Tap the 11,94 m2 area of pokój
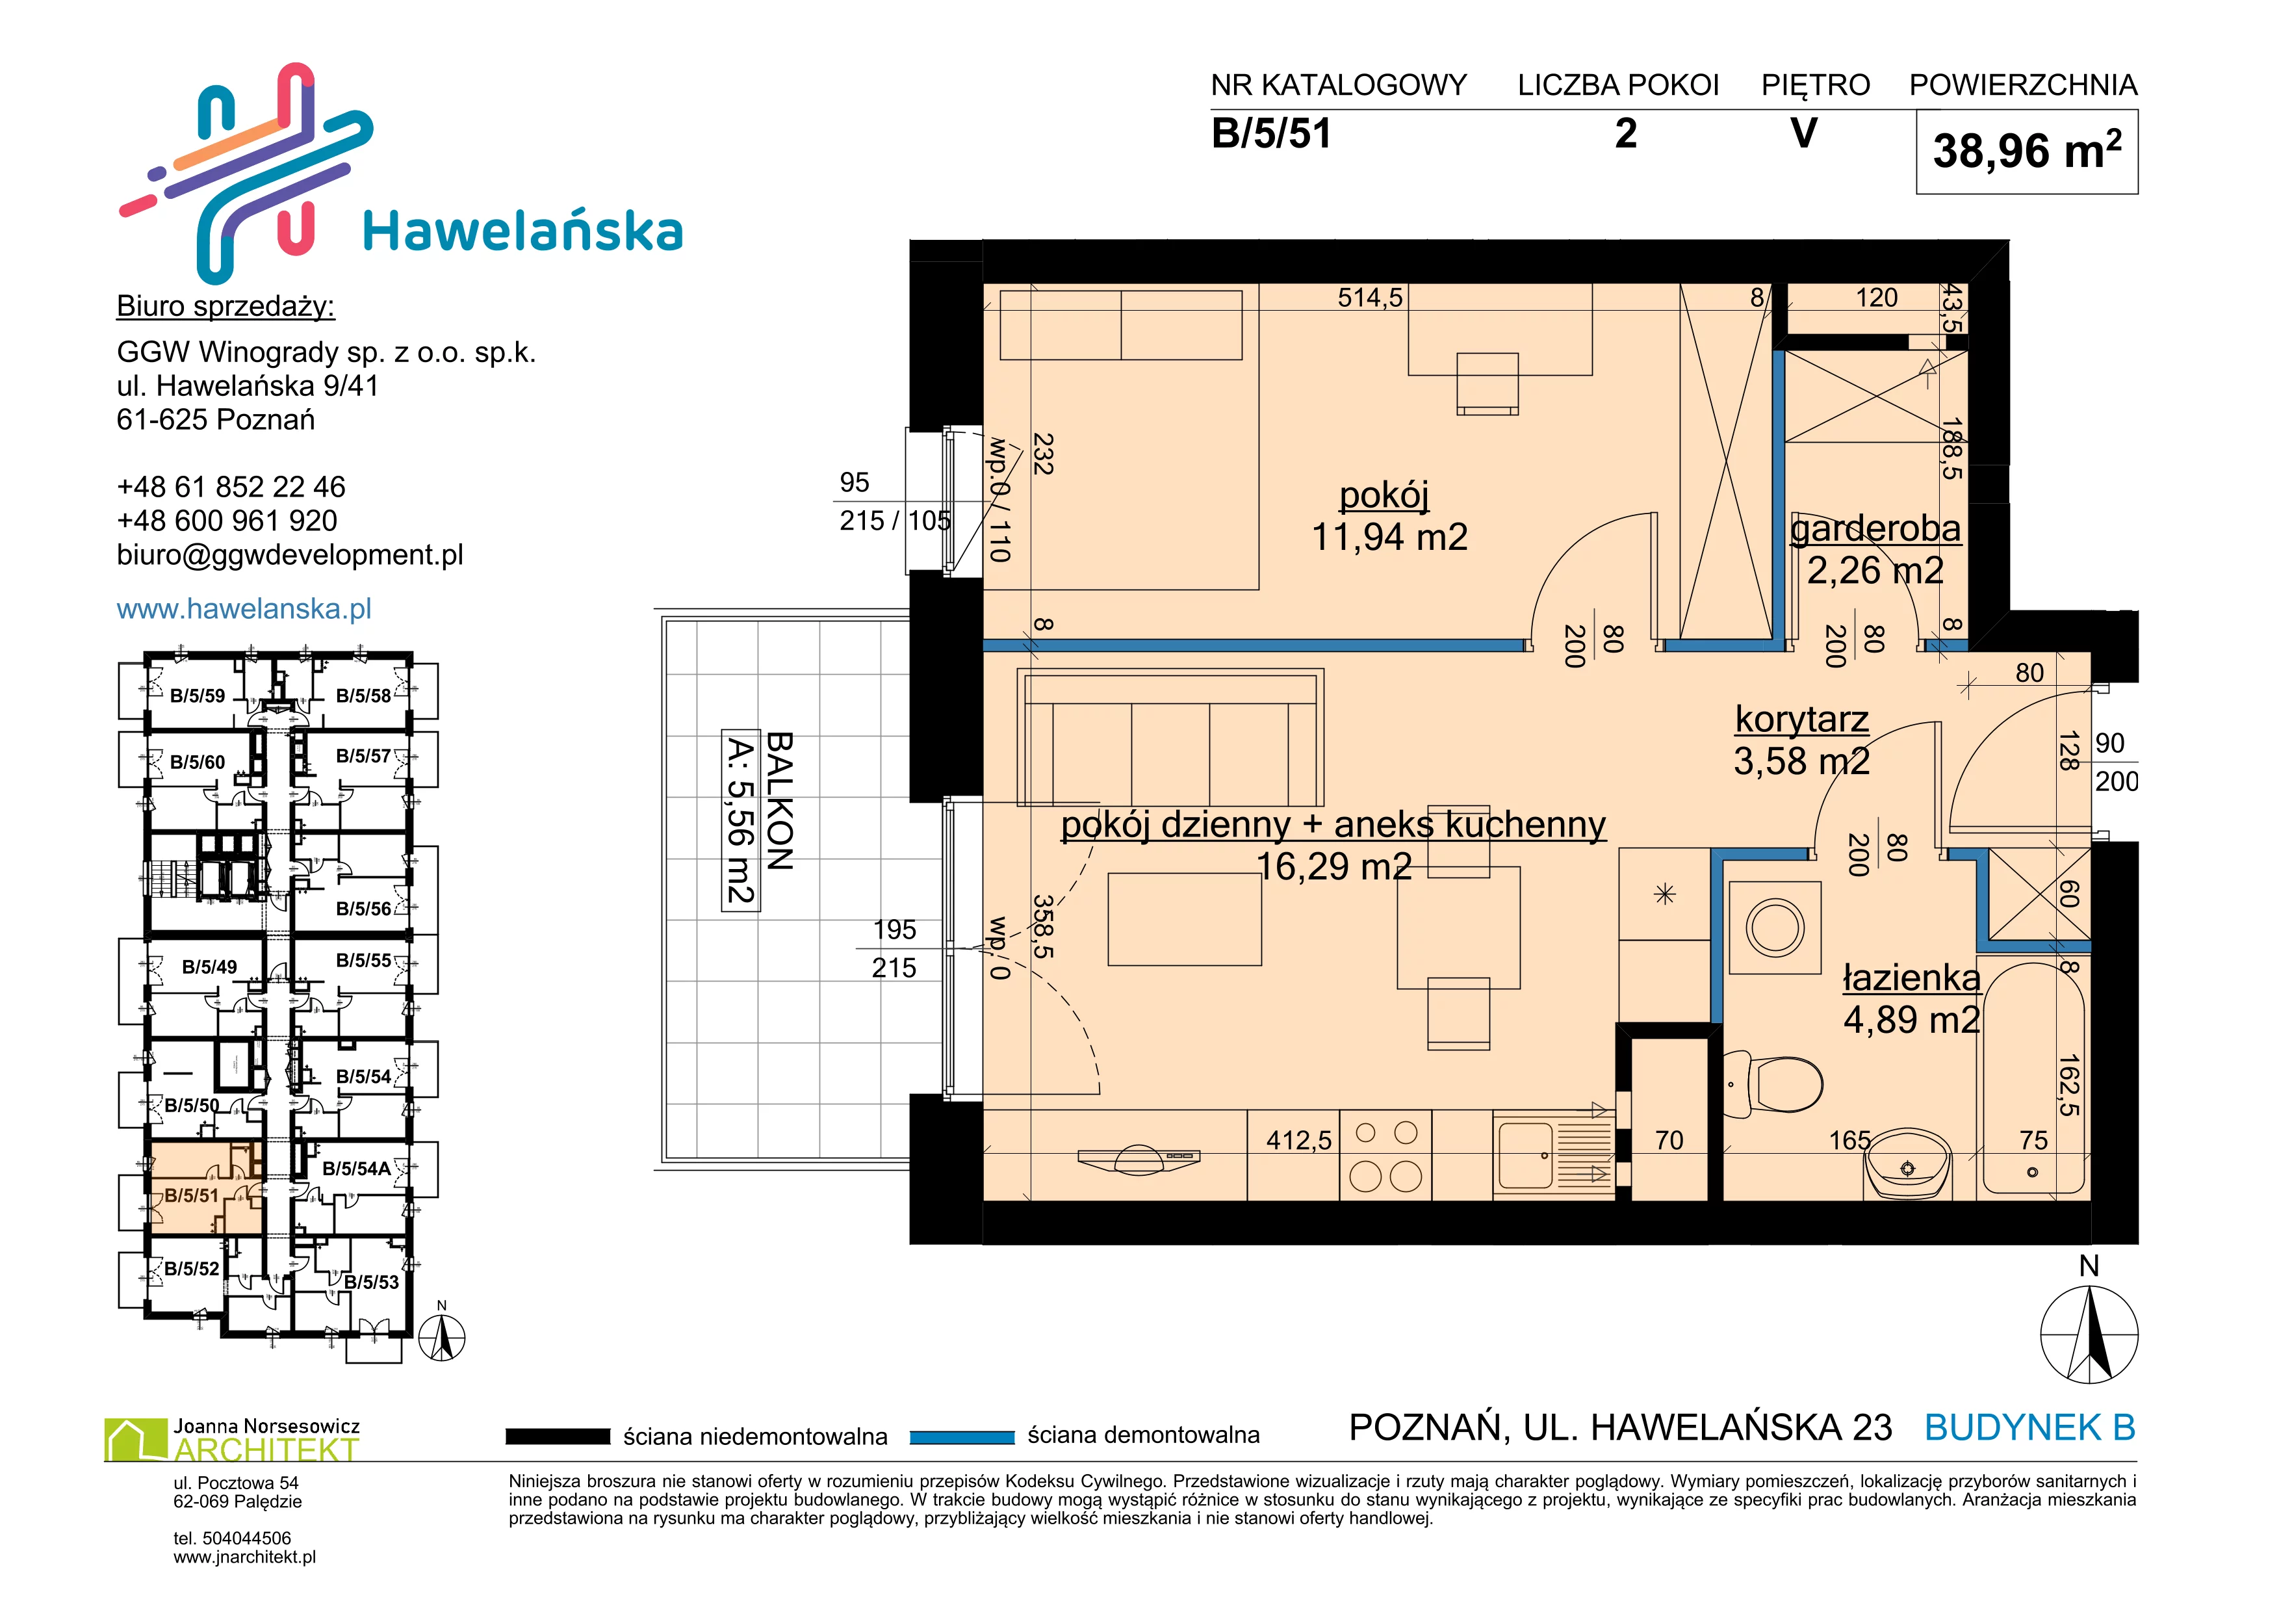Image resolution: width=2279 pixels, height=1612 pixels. point(1389,537)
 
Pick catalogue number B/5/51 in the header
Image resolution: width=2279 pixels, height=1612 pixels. point(1272,133)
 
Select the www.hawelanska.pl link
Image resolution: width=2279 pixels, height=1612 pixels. point(244,608)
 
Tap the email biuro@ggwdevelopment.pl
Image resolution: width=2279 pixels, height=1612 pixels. point(290,555)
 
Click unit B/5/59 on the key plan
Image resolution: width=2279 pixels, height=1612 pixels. point(198,695)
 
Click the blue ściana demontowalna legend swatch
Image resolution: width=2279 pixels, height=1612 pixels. point(962,1436)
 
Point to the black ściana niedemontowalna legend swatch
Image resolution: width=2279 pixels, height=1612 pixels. point(557,1436)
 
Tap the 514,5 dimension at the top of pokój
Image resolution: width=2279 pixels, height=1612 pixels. point(1370,298)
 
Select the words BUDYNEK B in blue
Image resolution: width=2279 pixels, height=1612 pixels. point(2030,1427)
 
